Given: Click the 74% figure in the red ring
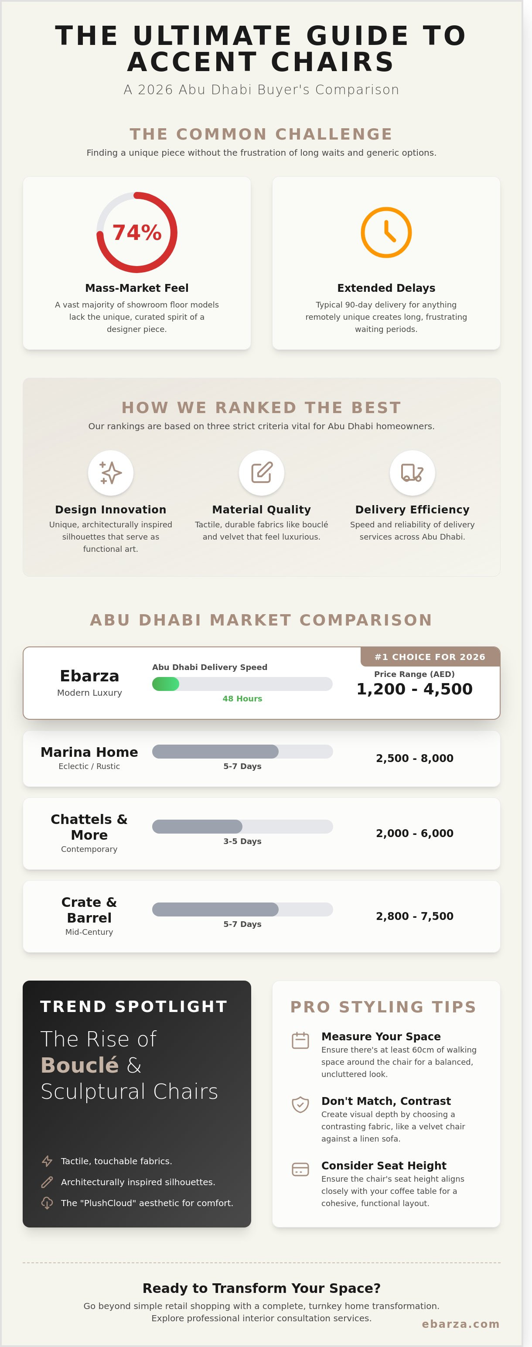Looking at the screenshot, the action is click(x=137, y=232).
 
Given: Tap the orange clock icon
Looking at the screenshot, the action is click(x=386, y=232).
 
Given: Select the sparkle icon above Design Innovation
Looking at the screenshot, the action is click(x=111, y=473).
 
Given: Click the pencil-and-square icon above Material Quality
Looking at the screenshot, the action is click(x=261, y=473).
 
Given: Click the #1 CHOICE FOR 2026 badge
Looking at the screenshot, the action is click(x=430, y=657).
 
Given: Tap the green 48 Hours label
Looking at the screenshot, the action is click(x=242, y=699).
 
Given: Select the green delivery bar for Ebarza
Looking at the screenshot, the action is click(x=166, y=684).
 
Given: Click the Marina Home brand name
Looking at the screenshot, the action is click(x=89, y=752).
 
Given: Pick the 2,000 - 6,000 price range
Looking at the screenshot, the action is click(x=414, y=833).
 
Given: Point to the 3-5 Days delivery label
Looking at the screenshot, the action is click(x=242, y=841).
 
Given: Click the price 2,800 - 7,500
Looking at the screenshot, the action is click(x=414, y=916).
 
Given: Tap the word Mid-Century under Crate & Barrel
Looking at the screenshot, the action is click(x=89, y=932).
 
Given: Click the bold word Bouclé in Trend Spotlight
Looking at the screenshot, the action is click(x=80, y=1065).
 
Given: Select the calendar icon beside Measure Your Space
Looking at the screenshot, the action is click(x=300, y=1041).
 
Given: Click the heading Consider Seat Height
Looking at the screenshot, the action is click(x=384, y=1166).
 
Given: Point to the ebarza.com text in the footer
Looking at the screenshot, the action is click(x=460, y=1324).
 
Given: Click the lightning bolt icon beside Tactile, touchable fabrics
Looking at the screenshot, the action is click(x=47, y=1161).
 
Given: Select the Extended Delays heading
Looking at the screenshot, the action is click(x=386, y=288).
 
